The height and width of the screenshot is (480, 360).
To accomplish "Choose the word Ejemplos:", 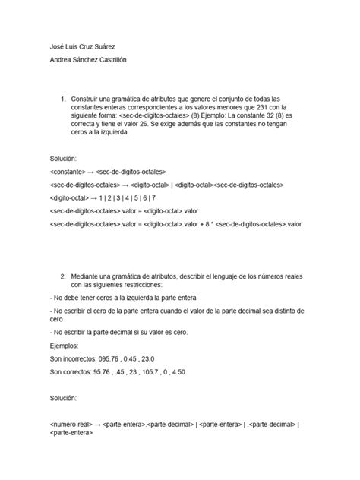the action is pyautogui.click(x=65, y=344).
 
